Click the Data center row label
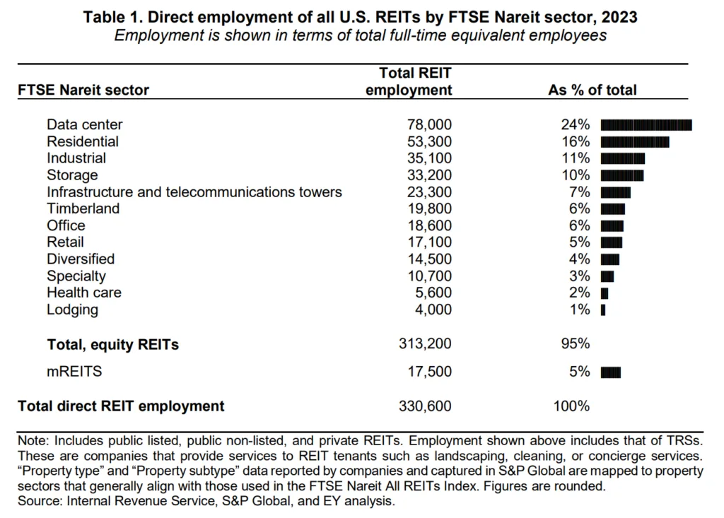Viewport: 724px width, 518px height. point(84,124)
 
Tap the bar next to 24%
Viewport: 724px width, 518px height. point(646,125)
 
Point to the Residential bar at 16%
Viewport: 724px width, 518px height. point(634,142)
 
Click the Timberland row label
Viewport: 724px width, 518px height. point(83,208)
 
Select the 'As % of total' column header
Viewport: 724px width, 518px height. point(592,90)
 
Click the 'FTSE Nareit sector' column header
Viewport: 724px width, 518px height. point(83,90)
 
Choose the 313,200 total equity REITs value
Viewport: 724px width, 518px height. point(425,344)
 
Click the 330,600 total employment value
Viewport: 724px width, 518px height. point(425,406)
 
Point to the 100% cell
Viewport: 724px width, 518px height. point(572,406)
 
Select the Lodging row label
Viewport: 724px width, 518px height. point(72,310)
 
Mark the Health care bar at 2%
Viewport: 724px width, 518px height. point(604,293)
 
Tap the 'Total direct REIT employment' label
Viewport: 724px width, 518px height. point(121,406)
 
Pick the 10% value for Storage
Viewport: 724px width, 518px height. point(575,175)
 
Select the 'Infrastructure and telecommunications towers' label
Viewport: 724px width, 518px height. point(194,192)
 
